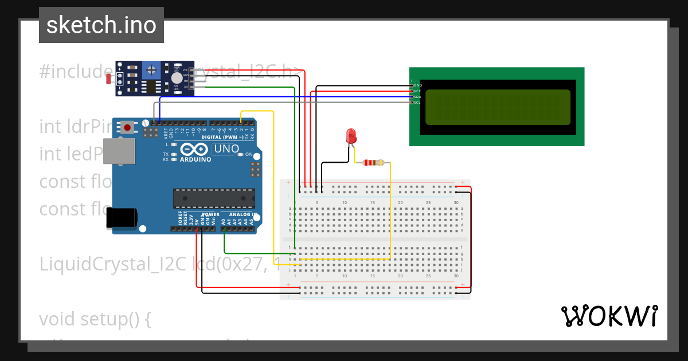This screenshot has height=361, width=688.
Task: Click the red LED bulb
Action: click(x=351, y=136)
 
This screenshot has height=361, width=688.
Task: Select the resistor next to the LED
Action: click(x=373, y=163)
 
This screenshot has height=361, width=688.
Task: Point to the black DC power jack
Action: click(x=123, y=218)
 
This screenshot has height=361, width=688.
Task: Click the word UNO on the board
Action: click(x=226, y=149)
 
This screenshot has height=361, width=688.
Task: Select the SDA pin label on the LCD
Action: click(x=417, y=97)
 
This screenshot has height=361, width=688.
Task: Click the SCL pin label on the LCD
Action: click(x=417, y=103)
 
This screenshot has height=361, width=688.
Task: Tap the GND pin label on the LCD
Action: click(x=417, y=85)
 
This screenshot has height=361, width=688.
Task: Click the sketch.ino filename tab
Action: click(x=101, y=25)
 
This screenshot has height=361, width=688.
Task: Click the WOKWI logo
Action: click(x=609, y=316)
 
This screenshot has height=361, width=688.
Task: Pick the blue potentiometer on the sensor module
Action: click(x=151, y=70)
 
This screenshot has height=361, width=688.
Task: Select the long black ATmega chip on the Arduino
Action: click(x=214, y=198)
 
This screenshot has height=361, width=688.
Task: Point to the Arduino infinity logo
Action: click(x=196, y=150)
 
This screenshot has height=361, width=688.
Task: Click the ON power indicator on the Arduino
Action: click(x=249, y=155)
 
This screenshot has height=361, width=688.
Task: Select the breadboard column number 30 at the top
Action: click(x=456, y=202)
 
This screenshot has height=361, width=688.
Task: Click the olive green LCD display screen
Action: click(x=498, y=107)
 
